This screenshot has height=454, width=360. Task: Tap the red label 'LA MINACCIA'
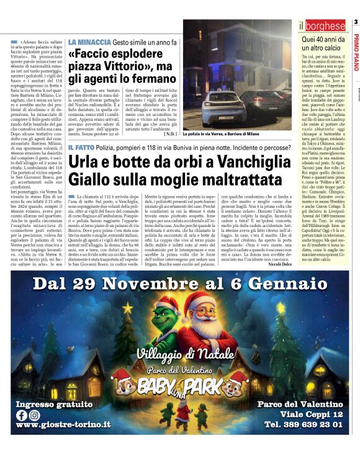[x=89, y=42]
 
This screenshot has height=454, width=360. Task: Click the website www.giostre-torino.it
[x=63, y=425]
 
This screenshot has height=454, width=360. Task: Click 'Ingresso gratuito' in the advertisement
[x=54, y=404]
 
